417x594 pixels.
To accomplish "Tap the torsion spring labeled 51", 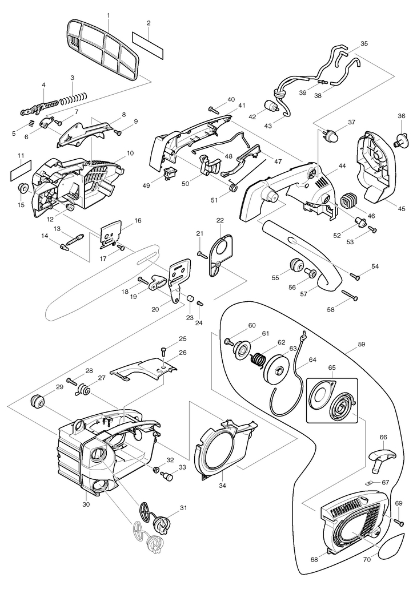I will point(233,187).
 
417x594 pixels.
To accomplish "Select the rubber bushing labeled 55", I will point(296,266).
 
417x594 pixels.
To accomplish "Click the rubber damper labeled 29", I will point(39,401).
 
